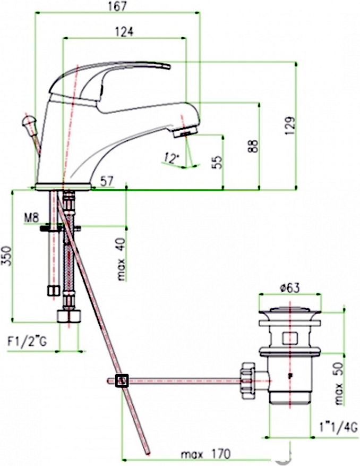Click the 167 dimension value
[118, 6]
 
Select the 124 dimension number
[124, 32]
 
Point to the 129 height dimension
[290, 125]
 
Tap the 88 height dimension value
[253, 146]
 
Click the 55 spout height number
[218, 162]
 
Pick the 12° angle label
[170, 158]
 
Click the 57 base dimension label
[107, 181]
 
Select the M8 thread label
[32, 218]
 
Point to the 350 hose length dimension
[7, 256]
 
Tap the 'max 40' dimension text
[122, 259]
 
